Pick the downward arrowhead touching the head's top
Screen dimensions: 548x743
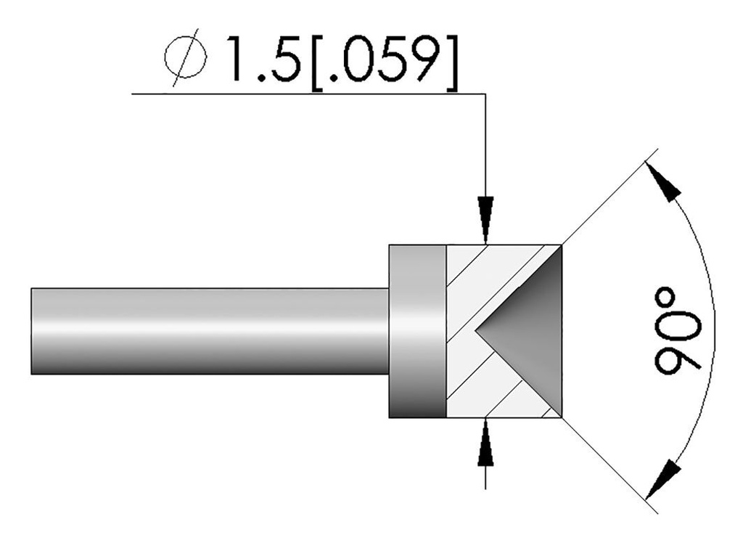485,218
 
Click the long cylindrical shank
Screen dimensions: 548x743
210,331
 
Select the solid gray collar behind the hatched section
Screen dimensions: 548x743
417,331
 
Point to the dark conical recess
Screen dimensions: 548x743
530,331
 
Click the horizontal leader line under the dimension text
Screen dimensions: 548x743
305,94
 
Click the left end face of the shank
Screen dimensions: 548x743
32,331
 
